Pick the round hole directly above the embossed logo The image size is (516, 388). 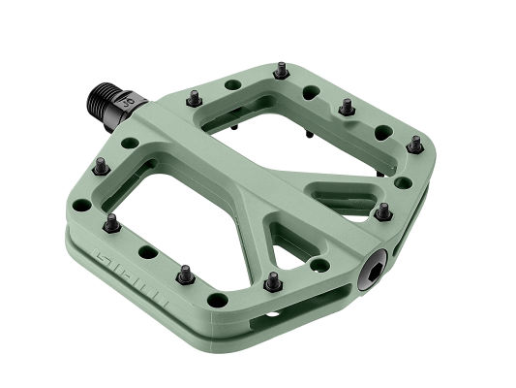point(147,251)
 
